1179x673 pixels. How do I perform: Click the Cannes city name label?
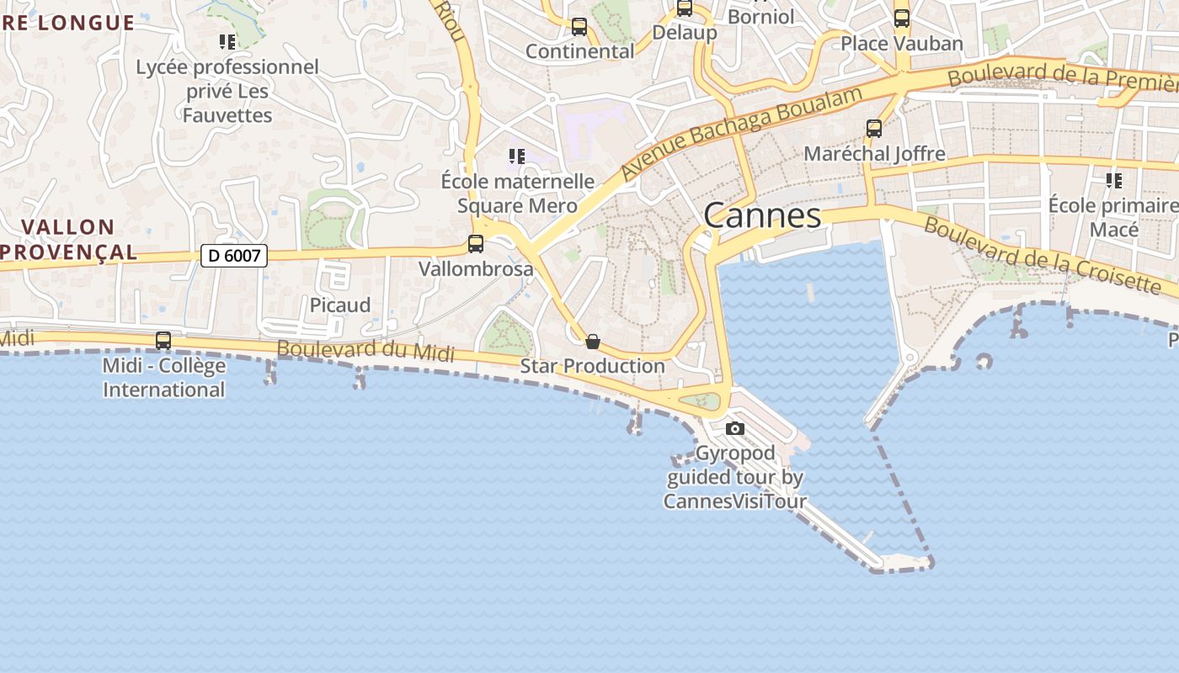[x=762, y=215]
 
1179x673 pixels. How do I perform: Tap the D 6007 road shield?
[x=234, y=256]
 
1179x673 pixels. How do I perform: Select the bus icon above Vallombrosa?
[x=476, y=244]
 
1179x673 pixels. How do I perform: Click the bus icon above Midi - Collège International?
[x=163, y=341]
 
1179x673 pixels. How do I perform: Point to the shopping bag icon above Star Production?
[x=593, y=342]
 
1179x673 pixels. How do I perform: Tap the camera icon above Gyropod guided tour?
[x=735, y=428]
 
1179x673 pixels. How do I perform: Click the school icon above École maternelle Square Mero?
[x=517, y=156]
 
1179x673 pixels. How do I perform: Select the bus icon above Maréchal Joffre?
[x=874, y=129]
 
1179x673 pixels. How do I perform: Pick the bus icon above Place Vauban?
[x=902, y=18]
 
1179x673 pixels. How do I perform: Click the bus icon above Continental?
[x=579, y=27]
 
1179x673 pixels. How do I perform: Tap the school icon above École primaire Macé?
[x=1114, y=180]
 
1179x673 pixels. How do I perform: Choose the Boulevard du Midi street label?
[x=365, y=350]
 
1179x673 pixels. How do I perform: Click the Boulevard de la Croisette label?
[x=1043, y=254]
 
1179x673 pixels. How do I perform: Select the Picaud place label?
[x=340, y=305]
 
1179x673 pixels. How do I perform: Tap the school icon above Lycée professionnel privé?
[x=227, y=41]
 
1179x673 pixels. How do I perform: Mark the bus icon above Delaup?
[x=685, y=8]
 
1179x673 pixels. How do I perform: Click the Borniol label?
[x=760, y=16]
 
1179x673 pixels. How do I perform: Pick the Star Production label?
[x=593, y=366]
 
